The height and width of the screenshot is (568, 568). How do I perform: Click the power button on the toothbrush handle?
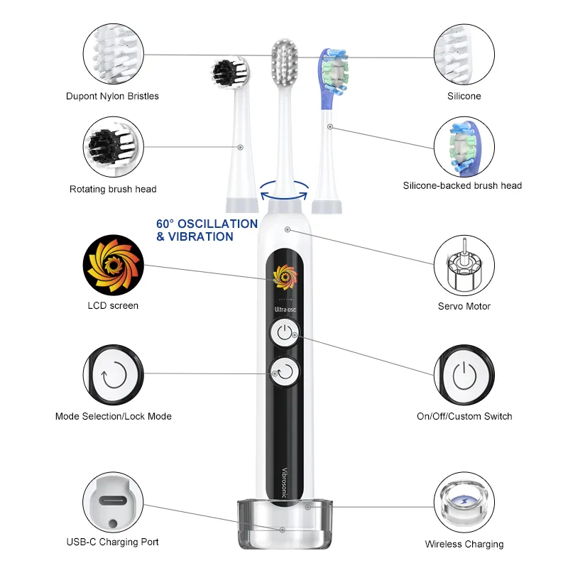[285, 332]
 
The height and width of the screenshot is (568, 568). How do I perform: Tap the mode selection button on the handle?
[285, 371]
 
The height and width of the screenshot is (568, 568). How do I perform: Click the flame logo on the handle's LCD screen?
[285, 277]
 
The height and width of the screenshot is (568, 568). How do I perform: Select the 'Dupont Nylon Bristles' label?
[112, 96]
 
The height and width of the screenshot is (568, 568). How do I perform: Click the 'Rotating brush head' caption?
[113, 189]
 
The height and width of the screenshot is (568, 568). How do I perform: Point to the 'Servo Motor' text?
[464, 306]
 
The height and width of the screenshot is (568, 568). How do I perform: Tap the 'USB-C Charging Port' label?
[113, 542]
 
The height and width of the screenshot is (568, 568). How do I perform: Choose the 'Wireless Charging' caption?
[464, 544]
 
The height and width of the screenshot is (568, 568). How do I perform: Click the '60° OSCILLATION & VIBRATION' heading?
[207, 230]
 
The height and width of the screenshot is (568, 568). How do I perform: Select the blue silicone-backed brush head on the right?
[332, 78]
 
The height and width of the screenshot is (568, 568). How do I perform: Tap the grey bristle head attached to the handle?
[285, 61]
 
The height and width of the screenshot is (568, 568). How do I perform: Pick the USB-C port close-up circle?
[113, 502]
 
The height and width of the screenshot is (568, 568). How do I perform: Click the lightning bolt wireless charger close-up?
[464, 502]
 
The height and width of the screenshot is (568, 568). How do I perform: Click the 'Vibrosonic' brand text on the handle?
[285, 483]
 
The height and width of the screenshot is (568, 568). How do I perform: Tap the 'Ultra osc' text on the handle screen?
[285, 310]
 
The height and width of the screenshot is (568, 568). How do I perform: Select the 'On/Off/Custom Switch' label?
[464, 416]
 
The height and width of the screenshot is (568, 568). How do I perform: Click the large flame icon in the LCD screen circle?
[114, 265]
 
